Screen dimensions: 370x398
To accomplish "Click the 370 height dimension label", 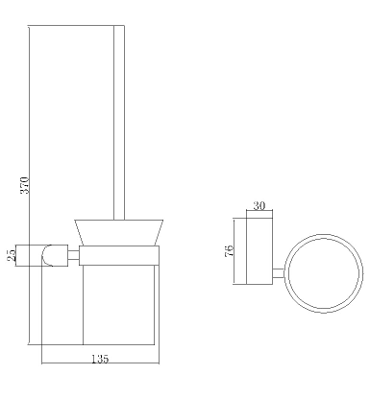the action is tap(25, 185).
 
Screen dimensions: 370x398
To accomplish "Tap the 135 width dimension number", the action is tap(100, 359).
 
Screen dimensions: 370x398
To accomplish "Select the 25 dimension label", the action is tap(12, 255).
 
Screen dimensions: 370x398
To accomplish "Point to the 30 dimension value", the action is tap(259, 205).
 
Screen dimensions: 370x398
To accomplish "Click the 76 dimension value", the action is tap(230, 250).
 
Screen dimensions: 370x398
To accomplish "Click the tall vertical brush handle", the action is tap(119, 123).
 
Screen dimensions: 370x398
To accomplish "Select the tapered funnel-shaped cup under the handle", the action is tap(119, 233).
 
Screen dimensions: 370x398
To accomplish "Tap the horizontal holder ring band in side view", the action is tap(119, 255).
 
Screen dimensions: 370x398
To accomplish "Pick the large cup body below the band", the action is tap(119, 305).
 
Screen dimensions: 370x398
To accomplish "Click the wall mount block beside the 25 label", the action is tap(41, 255).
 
